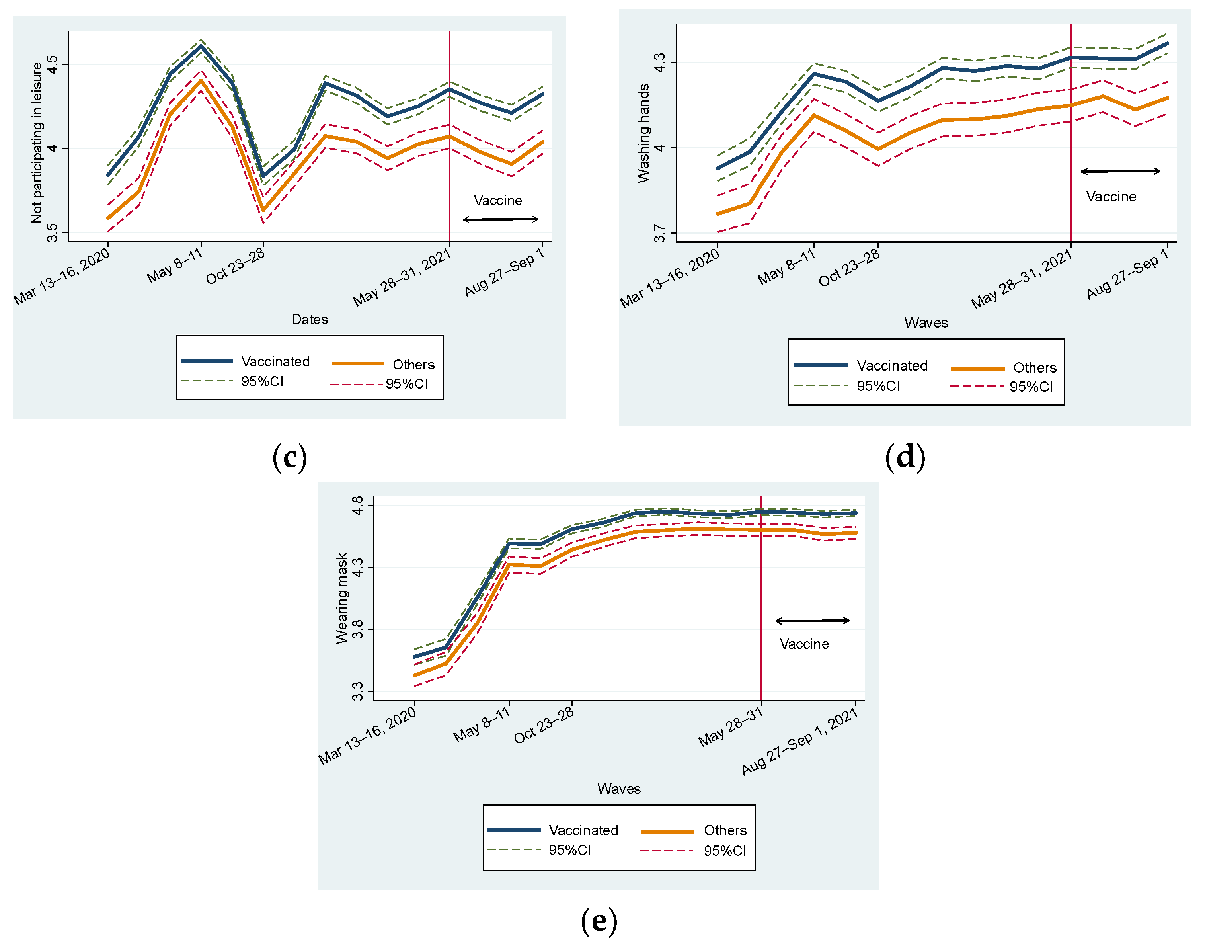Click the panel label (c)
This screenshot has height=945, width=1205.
tap(289, 457)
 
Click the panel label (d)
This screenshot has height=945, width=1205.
tap(905, 457)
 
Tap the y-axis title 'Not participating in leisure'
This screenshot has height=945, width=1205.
tap(37, 143)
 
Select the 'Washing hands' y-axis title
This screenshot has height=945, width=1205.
tap(643, 133)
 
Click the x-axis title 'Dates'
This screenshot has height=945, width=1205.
tap(310, 319)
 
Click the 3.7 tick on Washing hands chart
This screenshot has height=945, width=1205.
tap(659, 234)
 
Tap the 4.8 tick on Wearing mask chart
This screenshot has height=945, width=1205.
tap(358, 505)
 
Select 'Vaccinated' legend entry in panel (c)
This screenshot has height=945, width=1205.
tap(275, 361)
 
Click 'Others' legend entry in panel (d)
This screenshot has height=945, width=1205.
tap(1034, 367)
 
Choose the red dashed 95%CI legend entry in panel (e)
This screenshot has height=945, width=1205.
tap(724, 850)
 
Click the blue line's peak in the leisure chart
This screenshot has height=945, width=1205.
tap(201, 46)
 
